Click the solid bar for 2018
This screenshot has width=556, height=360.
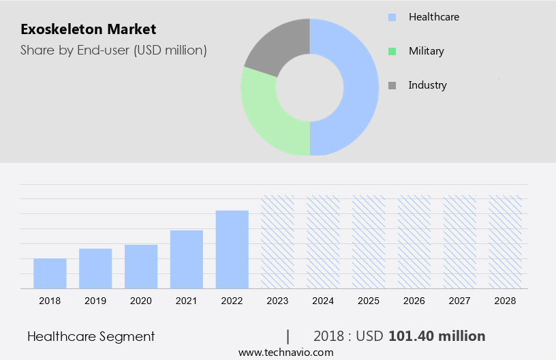click(50, 273)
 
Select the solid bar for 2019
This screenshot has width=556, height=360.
click(95, 269)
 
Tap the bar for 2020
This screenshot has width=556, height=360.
click(141, 267)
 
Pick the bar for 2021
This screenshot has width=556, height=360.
click(187, 259)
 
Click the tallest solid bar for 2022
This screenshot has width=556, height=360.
click(232, 250)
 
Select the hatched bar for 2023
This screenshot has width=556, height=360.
click(278, 242)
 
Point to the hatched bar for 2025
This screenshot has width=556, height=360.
click(369, 242)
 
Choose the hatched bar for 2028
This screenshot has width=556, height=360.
click(506, 242)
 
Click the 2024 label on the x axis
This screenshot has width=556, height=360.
click(323, 300)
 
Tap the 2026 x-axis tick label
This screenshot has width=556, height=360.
click(414, 300)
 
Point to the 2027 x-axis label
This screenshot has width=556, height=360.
click(460, 300)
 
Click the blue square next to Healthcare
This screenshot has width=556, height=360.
click(392, 17)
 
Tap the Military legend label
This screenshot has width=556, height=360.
click(426, 51)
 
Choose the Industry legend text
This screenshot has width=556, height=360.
click(427, 85)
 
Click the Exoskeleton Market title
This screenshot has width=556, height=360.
click(89, 29)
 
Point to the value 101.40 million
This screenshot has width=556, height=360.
click(437, 336)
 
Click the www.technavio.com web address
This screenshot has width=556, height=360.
click(285, 352)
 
